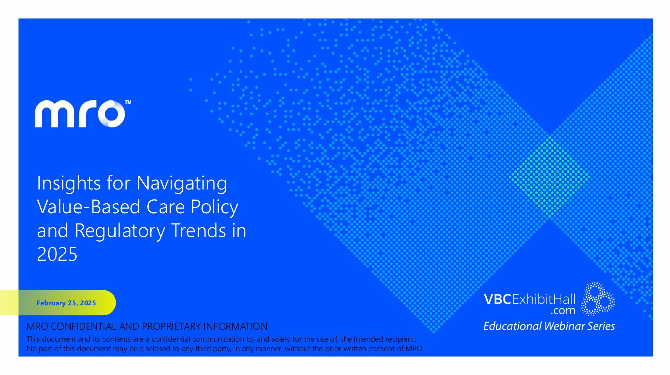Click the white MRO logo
pyautogui.click(x=80, y=114)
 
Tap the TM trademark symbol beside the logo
pyautogui.click(x=128, y=102)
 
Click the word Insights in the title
pyautogui.click(x=69, y=183)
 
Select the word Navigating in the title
pyautogui.click(x=182, y=184)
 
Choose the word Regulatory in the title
pyautogui.click(x=120, y=231)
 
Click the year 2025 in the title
pyautogui.click(x=57, y=254)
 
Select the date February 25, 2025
pyautogui.click(x=66, y=303)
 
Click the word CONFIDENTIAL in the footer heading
pyautogui.click(x=84, y=326)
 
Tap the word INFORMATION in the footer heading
pyautogui.click(x=235, y=326)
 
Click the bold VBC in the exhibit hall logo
pyautogui.click(x=498, y=299)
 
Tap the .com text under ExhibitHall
pyautogui.click(x=563, y=311)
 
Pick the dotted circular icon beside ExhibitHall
pyautogui.click(x=598, y=299)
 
